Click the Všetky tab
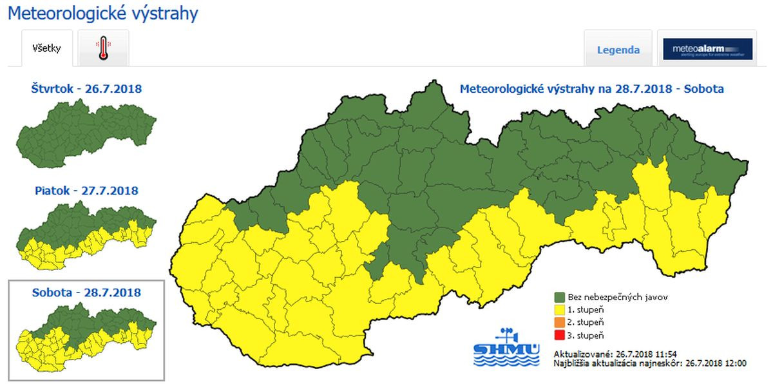point(46,48)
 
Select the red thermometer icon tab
point(103,48)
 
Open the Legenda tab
point(618,50)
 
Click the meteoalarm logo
point(707,49)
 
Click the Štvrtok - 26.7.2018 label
point(86,88)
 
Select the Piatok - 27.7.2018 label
point(86,191)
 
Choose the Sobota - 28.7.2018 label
point(86,293)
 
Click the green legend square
point(560,297)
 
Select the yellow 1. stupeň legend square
point(560,309)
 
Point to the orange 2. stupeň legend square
point(560,322)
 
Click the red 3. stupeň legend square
point(560,334)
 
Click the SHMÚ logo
point(506,348)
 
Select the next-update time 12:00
point(735,363)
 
